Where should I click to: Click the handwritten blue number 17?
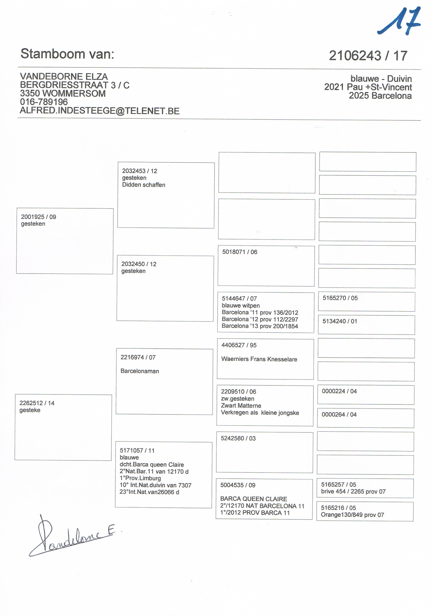(399, 22)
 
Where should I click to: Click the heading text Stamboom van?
(67, 54)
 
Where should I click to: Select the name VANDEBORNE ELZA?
(64, 77)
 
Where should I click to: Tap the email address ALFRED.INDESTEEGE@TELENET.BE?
(100, 111)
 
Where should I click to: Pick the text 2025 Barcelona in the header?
(380, 96)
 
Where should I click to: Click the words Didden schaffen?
(144, 185)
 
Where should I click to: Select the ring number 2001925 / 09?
(38, 217)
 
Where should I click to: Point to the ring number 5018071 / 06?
(239, 252)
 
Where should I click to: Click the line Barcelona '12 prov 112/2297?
(260, 319)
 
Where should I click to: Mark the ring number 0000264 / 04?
(339, 414)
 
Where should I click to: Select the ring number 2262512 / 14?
(37, 403)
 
